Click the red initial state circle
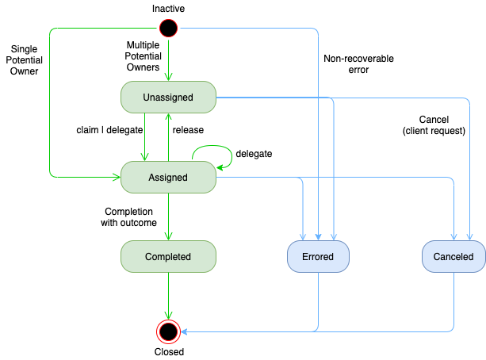click(x=168, y=29)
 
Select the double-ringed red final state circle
click(x=168, y=331)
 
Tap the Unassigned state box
click(x=168, y=98)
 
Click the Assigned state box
click(x=168, y=178)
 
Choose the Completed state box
click(x=168, y=257)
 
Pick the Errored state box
click(x=318, y=257)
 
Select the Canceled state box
click(x=453, y=257)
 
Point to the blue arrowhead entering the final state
click(x=186, y=331)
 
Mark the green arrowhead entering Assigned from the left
click(x=115, y=176)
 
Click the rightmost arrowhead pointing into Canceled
click(x=470, y=236)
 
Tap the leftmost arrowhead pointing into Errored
click(x=304, y=236)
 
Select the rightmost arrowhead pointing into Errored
click(x=333, y=236)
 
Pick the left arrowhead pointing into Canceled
click(x=454, y=236)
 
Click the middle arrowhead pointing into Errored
click(x=318, y=236)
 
